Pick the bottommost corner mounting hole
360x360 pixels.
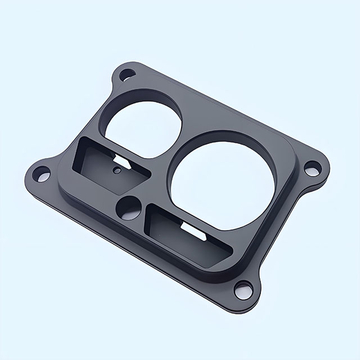coord(242,289)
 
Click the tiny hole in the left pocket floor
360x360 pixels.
coord(118,171)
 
